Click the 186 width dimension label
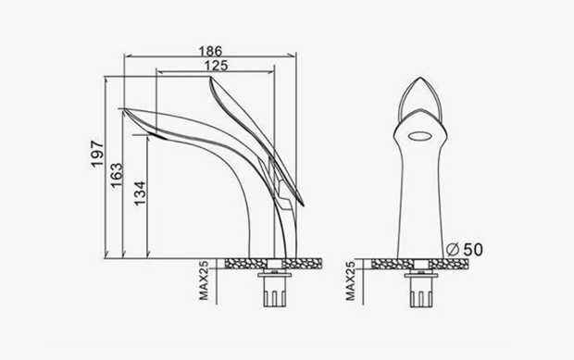[x=210, y=51]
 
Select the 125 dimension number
[x=216, y=66]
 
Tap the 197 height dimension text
[x=97, y=154]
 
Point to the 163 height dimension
[x=118, y=175]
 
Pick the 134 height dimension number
[x=140, y=192]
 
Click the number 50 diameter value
[x=473, y=250]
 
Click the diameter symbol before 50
[x=453, y=250]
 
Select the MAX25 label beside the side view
[x=204, y=280]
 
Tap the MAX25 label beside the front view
[x=350, y=280]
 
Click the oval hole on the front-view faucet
[x=420, y=136]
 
